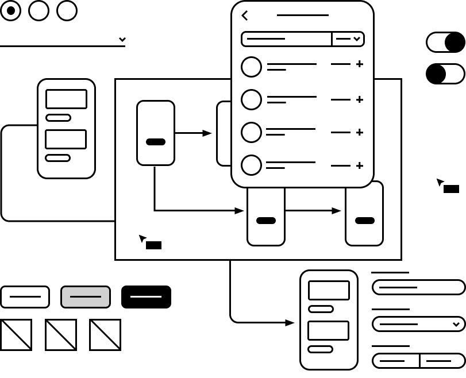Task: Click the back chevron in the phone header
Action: click(x=245, y=16)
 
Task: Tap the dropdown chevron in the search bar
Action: click(x=357, y=39)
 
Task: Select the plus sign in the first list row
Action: click(x=360, y=64)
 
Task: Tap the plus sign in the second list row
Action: click(x=360, y=99)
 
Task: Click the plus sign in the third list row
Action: click(x=360, y=132)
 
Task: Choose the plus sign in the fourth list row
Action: click(x=360, y=165)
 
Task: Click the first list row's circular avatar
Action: click(x=251, y=67)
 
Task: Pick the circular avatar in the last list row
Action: click(x=251, y=165)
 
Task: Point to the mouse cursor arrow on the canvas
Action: click(x=142, y=238)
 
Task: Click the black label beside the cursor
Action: click(x=153, y=245)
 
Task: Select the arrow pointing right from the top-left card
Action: click(x=193, y=133)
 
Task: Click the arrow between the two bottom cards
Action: click(x=313, y=211)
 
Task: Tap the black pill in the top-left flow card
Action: click(x=156, y=142)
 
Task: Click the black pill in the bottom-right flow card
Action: click(x=365, y=221)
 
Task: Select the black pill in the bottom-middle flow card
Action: click(x=266, y=221)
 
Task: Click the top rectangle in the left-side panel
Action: click(x=66, y=99)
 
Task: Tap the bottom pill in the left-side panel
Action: click(x=57, y=158)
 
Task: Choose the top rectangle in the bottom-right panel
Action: click(x=329, y=290)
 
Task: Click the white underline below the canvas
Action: click(x=146, y=296)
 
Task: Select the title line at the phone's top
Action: click(x=303, y=16)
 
